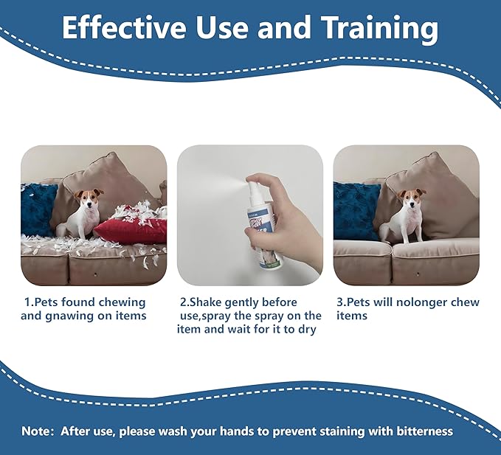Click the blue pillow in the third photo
click(356, 210)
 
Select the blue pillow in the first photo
click(38, 210)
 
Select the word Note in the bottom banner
click(36, 431)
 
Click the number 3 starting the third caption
click(340, 302)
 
